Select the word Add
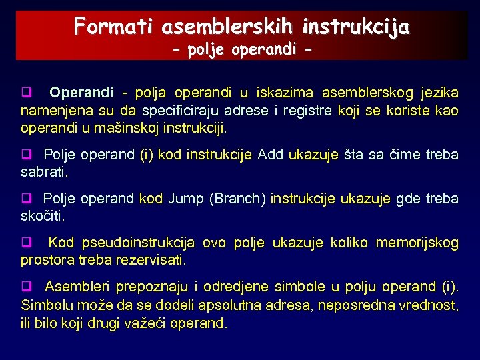[x=270, y=155]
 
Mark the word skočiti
[x=44, y=216]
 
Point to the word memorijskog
[x=417, y=243]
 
